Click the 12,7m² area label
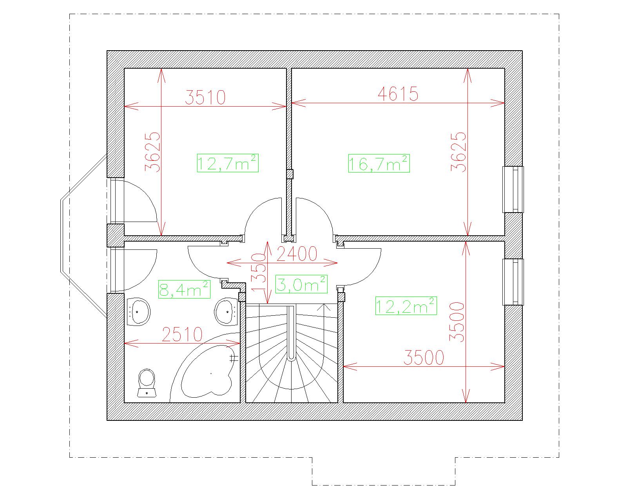(x=228, y=163)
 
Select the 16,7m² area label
(x=379, y=164)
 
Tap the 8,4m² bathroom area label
(x=184, y=289)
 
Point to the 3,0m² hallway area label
(x=301, y=284)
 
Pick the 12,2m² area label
(x=406, y=306)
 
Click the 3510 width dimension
(x=205, y=97)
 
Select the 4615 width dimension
(x=398, y=94)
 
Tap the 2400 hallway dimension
(x=297, y=254)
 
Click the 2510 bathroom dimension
(x=182, y=334)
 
